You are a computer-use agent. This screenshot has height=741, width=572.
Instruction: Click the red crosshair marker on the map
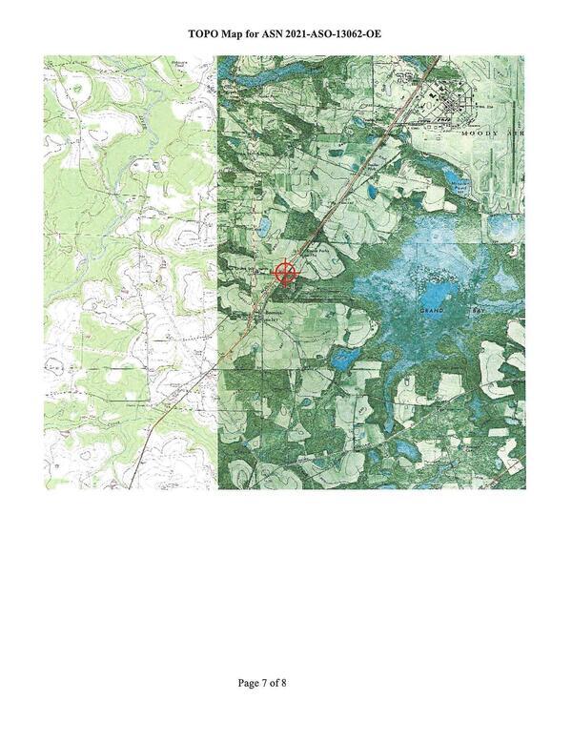[285, 274]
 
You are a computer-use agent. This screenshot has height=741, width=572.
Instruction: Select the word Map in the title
[241, 34]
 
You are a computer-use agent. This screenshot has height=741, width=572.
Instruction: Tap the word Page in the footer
[249, 683]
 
